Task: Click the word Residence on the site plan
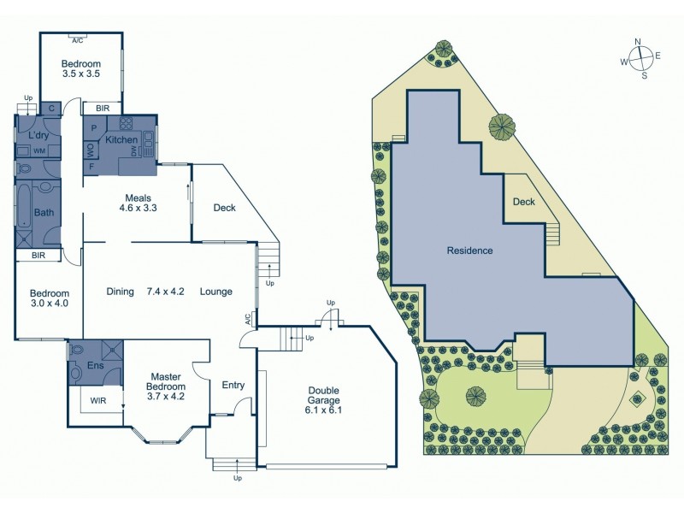[470, 251]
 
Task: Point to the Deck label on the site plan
[523, 202]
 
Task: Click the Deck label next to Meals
[224, 207]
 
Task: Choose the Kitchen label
[121, 139]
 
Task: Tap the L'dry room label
[38, 136]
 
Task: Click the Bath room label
[43, 213]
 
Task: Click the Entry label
[233, 386]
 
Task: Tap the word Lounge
[216, 291]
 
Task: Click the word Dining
[121, 291]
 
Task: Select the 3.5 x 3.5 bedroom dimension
[81, 75]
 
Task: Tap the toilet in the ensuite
[77, 350]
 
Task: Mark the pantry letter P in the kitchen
[92, 128]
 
